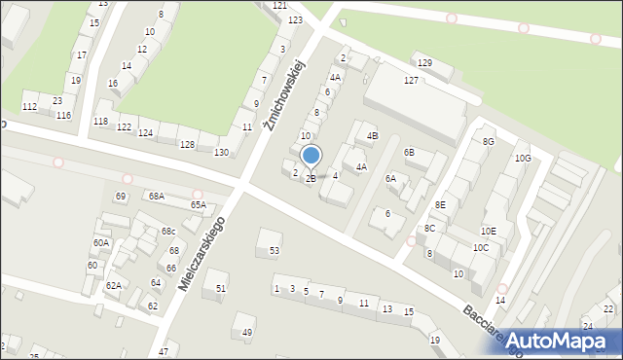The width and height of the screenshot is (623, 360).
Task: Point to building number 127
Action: (x=412, y=81)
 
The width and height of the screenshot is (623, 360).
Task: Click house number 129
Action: (x=424, y=63)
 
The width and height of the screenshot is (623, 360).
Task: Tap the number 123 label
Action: (x=295, y=20)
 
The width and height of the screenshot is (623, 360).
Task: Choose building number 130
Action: (x=221, y=152)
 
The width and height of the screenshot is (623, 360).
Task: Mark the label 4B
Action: (x=372, y=135)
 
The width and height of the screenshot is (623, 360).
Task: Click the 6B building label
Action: (x=410, y=153)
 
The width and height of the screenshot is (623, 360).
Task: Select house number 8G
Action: (x=489, y=142)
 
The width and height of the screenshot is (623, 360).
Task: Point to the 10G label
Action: (x=523, y=158)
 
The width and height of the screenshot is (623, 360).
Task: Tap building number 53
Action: (x=275, y=251)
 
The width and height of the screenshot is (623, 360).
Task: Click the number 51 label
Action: (x=221, y=288)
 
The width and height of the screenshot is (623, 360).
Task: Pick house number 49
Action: (x=247, y=332)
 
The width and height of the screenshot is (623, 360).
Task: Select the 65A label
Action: (x=199, y=205)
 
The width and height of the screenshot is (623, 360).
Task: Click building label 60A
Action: (x=101, y=243)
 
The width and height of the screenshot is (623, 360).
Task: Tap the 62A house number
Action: (x=114, y=285)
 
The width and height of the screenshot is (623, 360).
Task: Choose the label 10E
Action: (x=488, y=231)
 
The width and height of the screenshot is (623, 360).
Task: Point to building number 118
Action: (x=100, y=121)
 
